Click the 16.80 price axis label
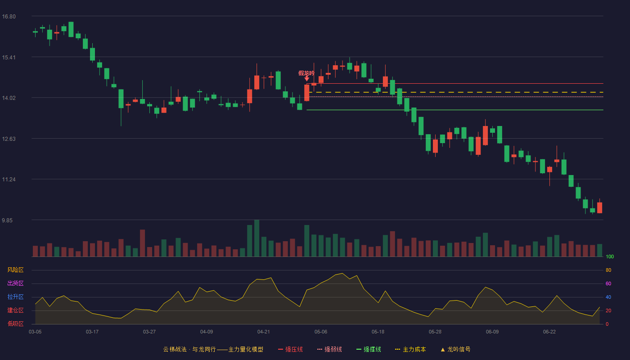click(9, 17)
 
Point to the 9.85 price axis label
click(7, 220)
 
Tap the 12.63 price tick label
click(9, 139)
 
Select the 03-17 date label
click(92, 332)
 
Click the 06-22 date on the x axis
click(549, 332)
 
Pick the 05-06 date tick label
click(321, 332)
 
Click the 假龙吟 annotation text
click(306, 73)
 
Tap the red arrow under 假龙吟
click(307, 78)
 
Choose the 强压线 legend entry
click(290, 349)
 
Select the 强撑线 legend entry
click(369, 349)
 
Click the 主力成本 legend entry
click(410, 349)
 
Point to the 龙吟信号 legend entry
click(455, 349)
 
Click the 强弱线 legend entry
click(329, 349)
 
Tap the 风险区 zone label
click(15, 270)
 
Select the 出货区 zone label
click(15, 283)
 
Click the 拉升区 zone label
click(15, 297)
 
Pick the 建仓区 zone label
click(15, 310)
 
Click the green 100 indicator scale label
click(610, 256)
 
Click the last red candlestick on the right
click(599, 207)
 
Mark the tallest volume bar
click(257, 238)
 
